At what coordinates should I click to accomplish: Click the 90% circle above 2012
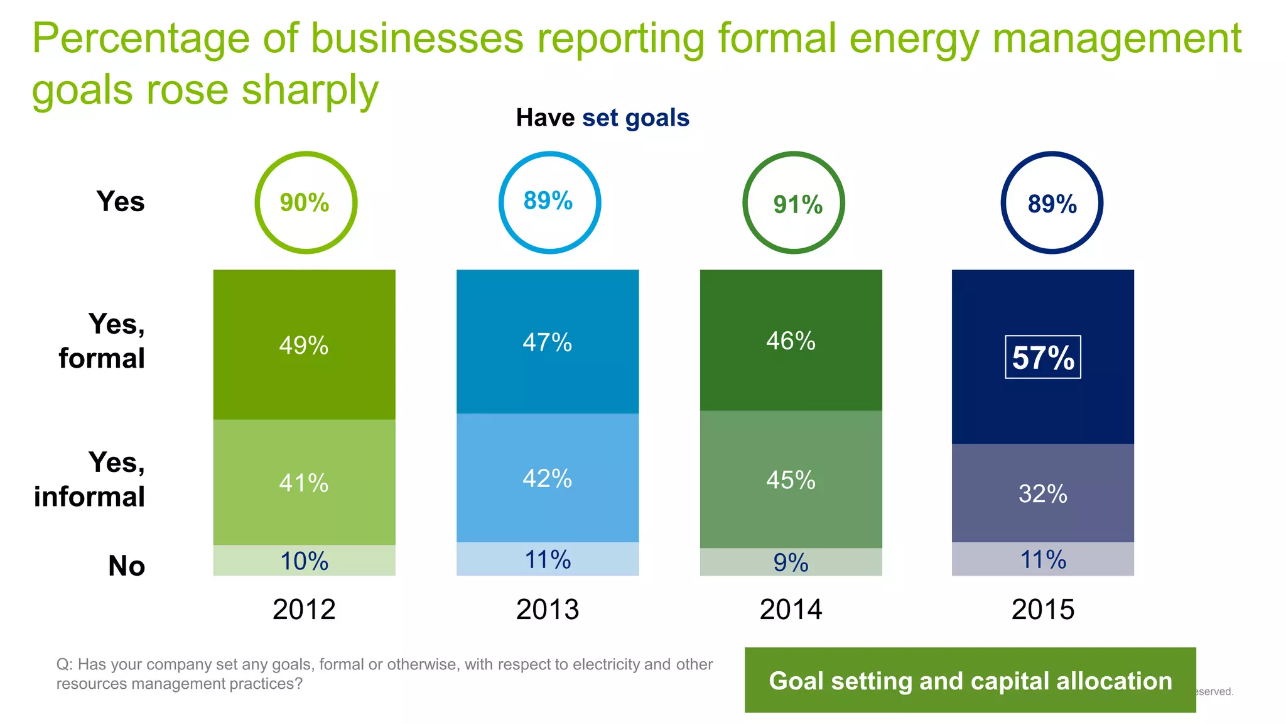305,202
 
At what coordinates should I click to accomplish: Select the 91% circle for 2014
794,203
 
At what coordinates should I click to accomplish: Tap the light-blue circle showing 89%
549,202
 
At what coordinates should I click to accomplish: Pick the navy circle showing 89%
1052,203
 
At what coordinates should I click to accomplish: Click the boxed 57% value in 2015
1043,357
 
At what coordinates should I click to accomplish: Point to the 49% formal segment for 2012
304,344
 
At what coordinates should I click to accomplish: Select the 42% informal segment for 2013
548,478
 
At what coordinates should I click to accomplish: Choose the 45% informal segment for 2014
791,480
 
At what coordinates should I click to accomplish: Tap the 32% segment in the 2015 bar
1042,493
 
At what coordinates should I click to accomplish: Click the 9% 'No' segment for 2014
791,562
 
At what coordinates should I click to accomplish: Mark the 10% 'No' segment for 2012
304,561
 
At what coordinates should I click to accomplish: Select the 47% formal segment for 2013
548,342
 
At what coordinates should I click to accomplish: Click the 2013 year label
548,609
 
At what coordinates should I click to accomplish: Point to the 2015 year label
1042,609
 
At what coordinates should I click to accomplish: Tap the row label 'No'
126,566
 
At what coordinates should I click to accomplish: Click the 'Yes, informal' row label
90,480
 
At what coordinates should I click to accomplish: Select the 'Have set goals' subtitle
602,118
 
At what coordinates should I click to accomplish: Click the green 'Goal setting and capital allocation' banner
970,680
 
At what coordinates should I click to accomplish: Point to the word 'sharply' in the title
310,89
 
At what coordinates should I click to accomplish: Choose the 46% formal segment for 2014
791,341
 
